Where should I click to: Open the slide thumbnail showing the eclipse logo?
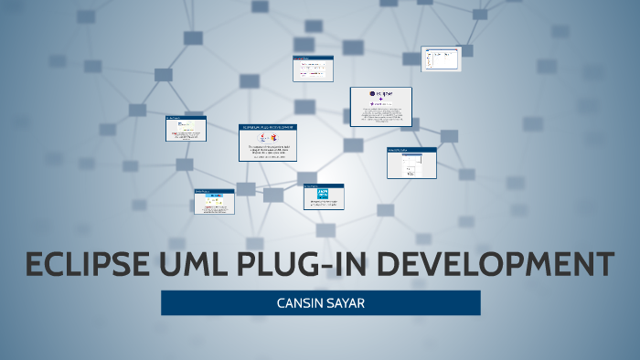click(x=380, y=107)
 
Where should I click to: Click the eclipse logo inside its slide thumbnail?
click(x=380, y=93)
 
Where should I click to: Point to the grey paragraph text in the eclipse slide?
click(x=380, y=114)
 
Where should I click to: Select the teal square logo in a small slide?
click(x=323, y=194)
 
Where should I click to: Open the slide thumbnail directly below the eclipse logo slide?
click(x=411, y=163)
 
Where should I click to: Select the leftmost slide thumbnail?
click(x=186, y=128)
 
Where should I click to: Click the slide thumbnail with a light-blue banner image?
click(x=213, y=201)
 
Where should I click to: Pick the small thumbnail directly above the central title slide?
click(x=311, y=69)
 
